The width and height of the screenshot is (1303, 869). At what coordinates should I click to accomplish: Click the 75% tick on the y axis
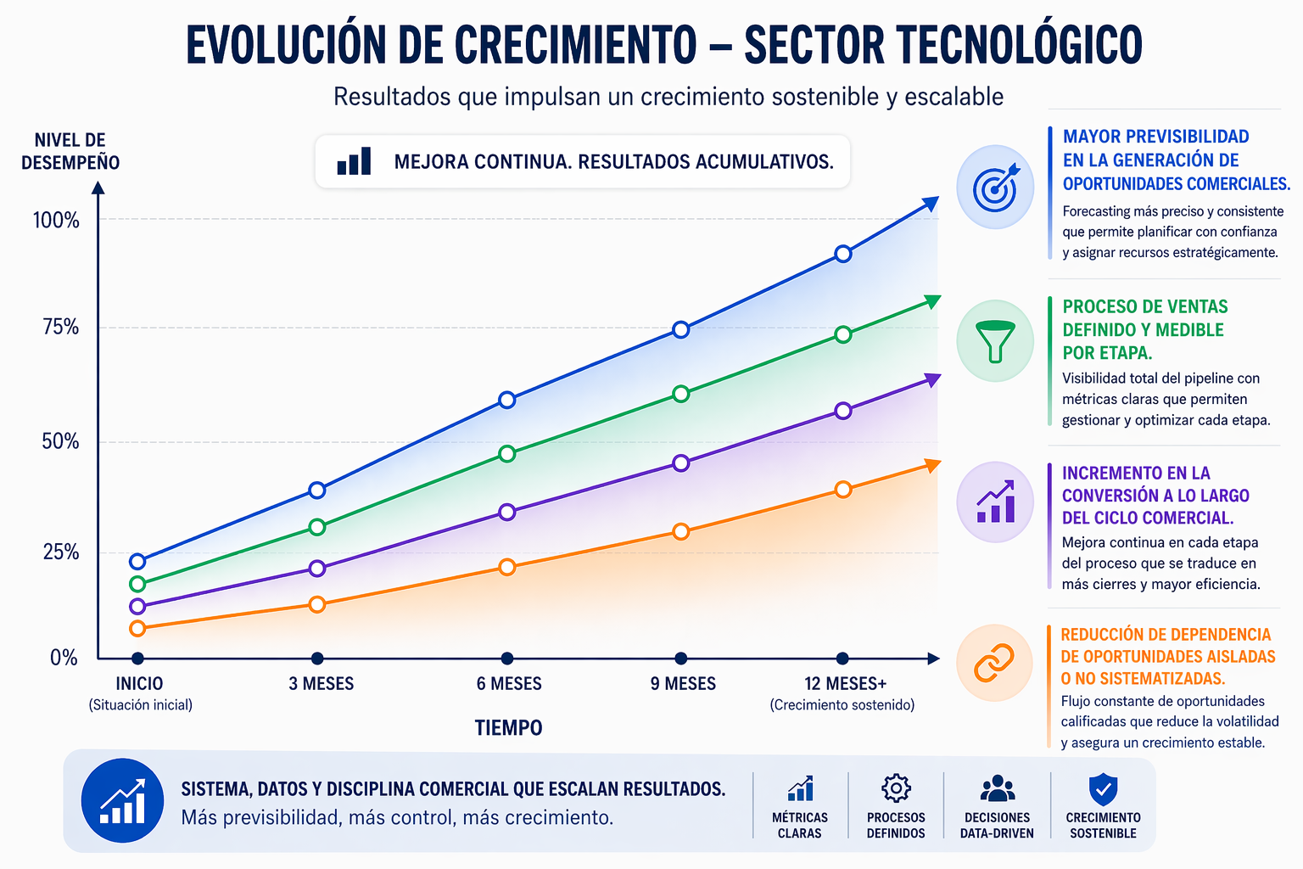click(61, 328)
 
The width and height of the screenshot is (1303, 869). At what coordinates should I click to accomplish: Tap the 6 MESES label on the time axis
click(509, 684)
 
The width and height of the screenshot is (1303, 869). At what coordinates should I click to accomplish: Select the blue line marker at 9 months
click(680, 329)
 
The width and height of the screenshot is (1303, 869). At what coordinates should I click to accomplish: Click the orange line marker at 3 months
click(317, 604)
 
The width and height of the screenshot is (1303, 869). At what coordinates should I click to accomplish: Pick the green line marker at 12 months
click(842, 334)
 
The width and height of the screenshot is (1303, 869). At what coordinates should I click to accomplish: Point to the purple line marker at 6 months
click(507, 512)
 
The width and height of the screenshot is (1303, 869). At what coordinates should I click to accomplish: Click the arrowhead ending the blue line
click(931, 204)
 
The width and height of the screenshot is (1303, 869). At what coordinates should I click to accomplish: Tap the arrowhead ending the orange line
click(931, 465)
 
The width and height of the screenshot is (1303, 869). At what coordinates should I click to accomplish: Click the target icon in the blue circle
click(996, 188)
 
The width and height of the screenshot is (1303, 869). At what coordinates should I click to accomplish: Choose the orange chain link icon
click(994, 663)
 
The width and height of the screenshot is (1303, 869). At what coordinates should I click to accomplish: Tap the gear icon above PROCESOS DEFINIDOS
click(896, 788)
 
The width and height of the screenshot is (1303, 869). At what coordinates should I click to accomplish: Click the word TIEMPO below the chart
click(509, 728)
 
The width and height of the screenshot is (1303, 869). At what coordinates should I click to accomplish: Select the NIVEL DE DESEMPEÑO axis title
click(70, 152)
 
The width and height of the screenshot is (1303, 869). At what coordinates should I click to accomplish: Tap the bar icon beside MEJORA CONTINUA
click(355, 161)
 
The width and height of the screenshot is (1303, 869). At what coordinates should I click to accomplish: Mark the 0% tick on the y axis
click(64, 659)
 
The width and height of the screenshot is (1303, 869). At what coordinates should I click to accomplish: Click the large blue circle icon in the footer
click(123, 800)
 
